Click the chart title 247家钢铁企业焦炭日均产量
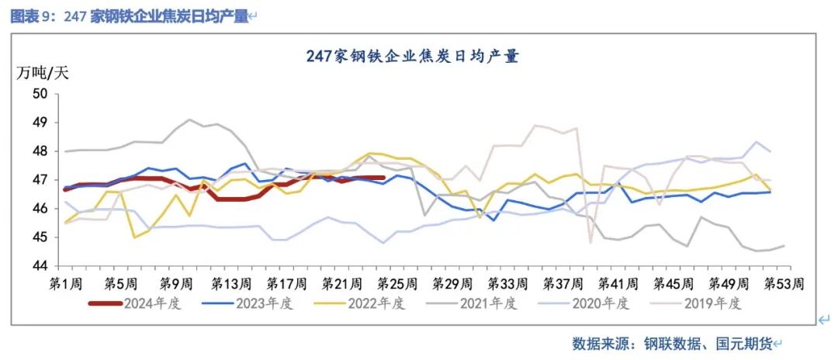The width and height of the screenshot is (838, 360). [412, 56]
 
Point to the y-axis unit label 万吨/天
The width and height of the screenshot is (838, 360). [43, 74]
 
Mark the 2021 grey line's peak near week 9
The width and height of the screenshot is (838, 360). [190, 119]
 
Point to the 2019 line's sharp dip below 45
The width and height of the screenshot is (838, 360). [590, 243]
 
